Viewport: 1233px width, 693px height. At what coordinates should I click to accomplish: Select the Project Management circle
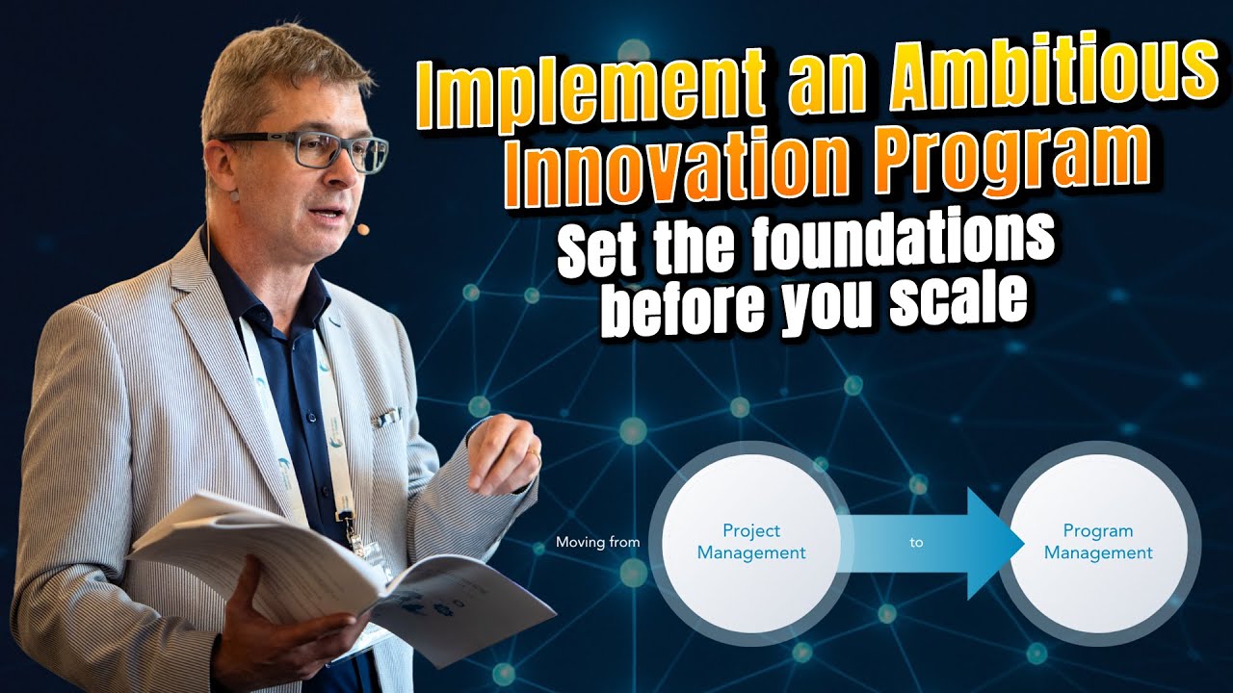[751, 542]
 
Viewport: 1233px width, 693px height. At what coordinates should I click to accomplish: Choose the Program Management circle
[1098, 542]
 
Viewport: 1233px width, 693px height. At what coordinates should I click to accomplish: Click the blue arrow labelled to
[925, 543]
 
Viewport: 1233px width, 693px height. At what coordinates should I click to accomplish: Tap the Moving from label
[597, 543]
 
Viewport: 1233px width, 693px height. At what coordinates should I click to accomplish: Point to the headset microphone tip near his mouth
[362, 230]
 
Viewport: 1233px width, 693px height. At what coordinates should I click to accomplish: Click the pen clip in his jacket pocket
[387, 416]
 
